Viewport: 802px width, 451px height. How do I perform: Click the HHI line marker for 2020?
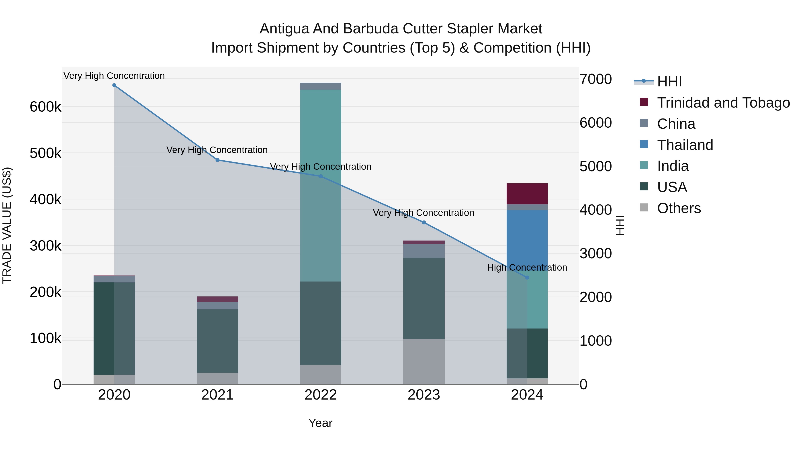coord(114,85)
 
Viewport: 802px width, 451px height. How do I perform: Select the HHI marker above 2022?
coord(321,176)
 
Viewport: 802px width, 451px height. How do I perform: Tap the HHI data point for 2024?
coord(527,277)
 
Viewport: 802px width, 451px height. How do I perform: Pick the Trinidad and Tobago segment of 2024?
coord(527,194)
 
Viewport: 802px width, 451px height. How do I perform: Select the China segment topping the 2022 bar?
coord(321,86)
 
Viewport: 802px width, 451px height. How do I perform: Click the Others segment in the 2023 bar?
coord(424,361)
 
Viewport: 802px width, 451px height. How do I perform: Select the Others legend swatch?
coord(644,208)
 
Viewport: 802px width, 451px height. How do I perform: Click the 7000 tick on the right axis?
coord(595,79)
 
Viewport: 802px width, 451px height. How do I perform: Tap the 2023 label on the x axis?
coord(424,395)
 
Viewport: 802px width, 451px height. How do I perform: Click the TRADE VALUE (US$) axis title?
coord(7,225)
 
